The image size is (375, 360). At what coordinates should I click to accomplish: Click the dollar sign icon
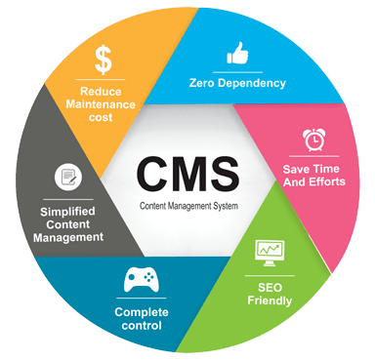coord(103,59)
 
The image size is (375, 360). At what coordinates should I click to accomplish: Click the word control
coord(137,325)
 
